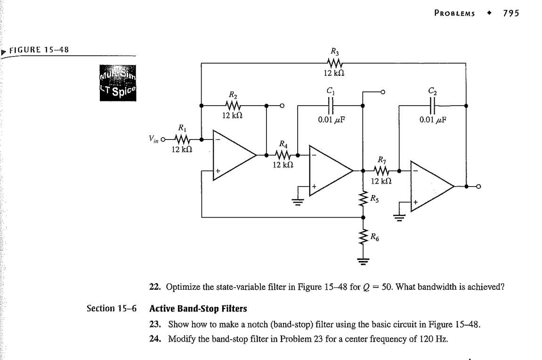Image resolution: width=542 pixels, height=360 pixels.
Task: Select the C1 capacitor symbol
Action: click(331, 105)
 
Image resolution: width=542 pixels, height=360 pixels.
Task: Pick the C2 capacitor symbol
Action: click(433, 105)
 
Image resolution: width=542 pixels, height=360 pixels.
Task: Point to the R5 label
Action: click(374, 199)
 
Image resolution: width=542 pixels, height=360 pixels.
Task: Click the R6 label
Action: click(374, 237)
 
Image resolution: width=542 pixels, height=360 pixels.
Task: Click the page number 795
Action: click(511, 13)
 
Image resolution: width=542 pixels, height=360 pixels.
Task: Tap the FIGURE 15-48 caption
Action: click(39, 50)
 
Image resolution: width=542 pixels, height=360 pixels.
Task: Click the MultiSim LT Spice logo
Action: click(118, 83)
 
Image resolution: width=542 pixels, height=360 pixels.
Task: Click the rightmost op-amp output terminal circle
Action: click(478, 187)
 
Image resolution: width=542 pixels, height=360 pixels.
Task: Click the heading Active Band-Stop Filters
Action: click(198, 309)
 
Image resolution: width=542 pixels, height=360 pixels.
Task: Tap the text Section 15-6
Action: click(112, 309)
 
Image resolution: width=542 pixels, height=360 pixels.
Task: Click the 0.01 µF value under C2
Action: click(433, 120)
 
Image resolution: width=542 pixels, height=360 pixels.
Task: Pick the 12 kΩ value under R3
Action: click(334, 74)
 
